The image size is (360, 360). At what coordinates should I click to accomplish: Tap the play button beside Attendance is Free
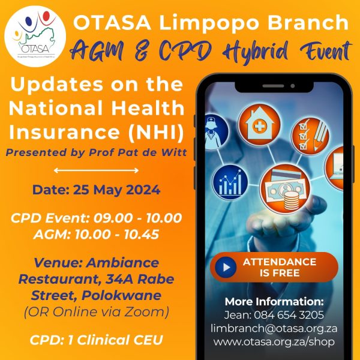tap(225, 266)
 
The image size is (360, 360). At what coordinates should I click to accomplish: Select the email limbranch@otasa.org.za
tap(274, 329)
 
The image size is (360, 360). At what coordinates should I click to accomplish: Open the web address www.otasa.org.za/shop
tap(274, 343)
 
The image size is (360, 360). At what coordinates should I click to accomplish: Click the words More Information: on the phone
tap(274, 301)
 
